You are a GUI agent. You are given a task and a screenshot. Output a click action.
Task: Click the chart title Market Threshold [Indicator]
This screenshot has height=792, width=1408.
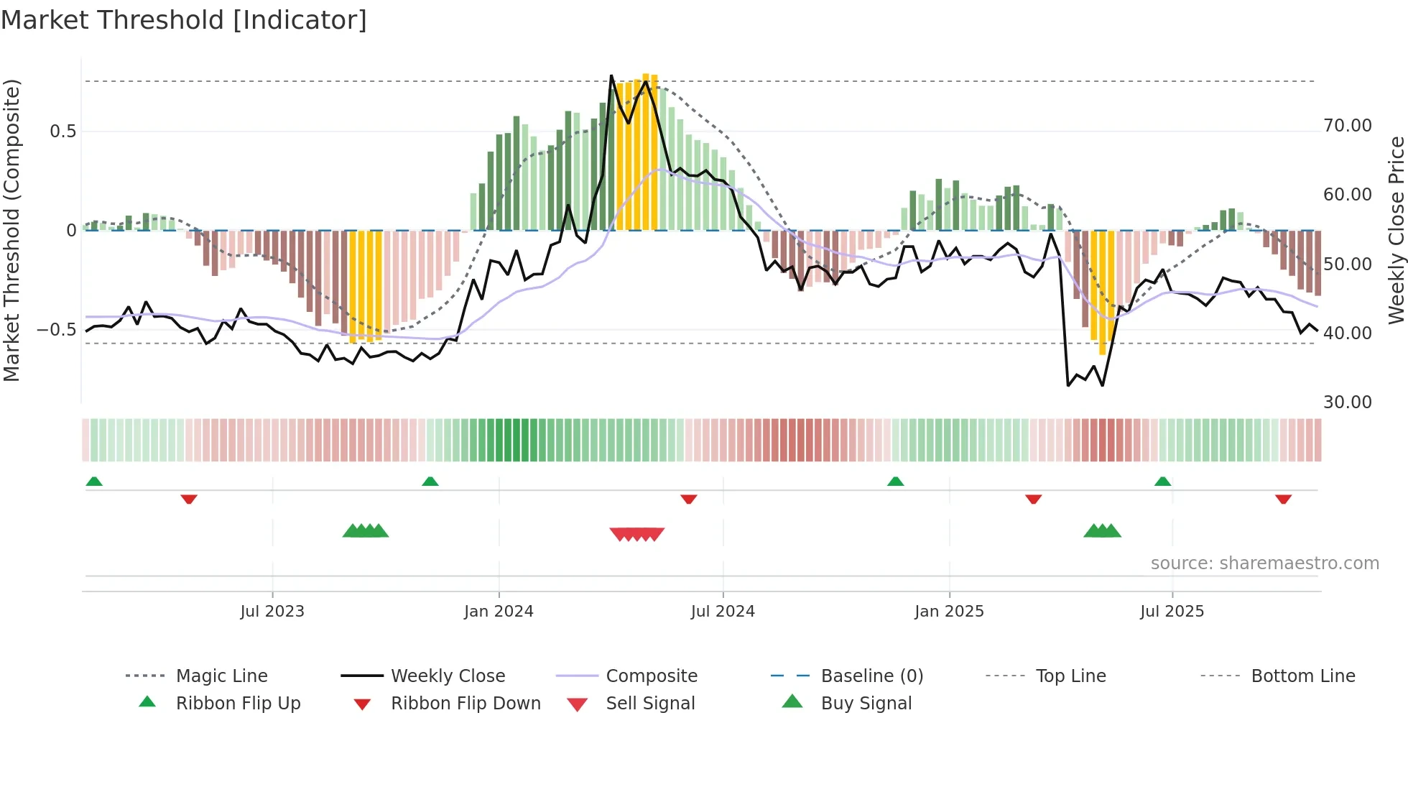(184, 20)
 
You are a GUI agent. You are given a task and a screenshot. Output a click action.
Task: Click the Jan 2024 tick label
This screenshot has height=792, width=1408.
(499, 612)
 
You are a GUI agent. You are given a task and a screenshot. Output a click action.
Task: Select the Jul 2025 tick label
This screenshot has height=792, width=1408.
(1172, 612)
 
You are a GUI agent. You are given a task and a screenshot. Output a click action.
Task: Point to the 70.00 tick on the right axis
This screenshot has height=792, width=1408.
(1348, 126)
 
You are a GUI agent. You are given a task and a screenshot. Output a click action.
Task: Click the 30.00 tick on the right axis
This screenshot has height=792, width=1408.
(1348, 402)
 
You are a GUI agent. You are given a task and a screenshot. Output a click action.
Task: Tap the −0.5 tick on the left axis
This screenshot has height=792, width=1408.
(56, 330)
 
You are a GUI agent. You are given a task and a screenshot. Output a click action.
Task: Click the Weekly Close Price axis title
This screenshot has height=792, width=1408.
(1396, 230)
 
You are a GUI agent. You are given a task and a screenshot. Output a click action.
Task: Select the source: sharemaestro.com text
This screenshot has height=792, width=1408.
(1264, 563)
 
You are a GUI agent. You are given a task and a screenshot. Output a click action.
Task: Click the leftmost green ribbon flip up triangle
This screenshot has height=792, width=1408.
(94, 482)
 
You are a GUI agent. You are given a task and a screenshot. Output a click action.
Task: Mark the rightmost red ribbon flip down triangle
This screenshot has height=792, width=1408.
(1283, 499)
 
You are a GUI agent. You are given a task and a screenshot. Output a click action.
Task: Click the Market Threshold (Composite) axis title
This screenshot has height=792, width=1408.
(12, 230)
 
